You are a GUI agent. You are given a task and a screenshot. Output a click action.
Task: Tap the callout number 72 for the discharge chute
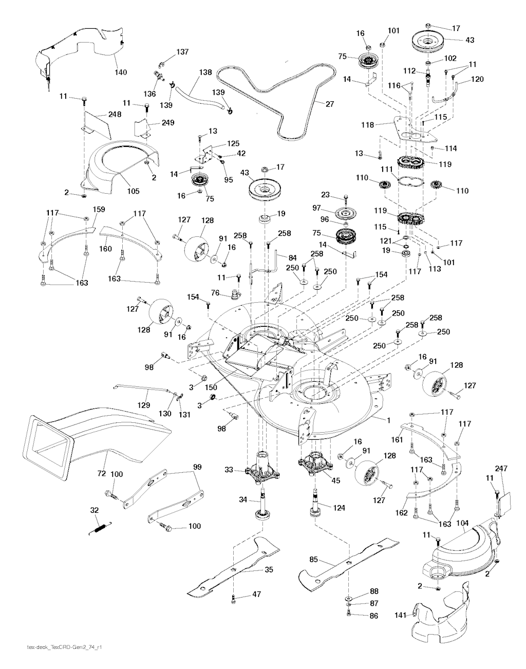click(102, 472)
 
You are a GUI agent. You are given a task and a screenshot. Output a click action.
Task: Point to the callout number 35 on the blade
click(268, 569)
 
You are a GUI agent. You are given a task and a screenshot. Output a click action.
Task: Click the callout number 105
click(133, 191)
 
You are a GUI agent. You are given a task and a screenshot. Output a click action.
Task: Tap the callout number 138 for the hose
click(205, 73)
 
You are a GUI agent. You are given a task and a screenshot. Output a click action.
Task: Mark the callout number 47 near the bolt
click(257, 594)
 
